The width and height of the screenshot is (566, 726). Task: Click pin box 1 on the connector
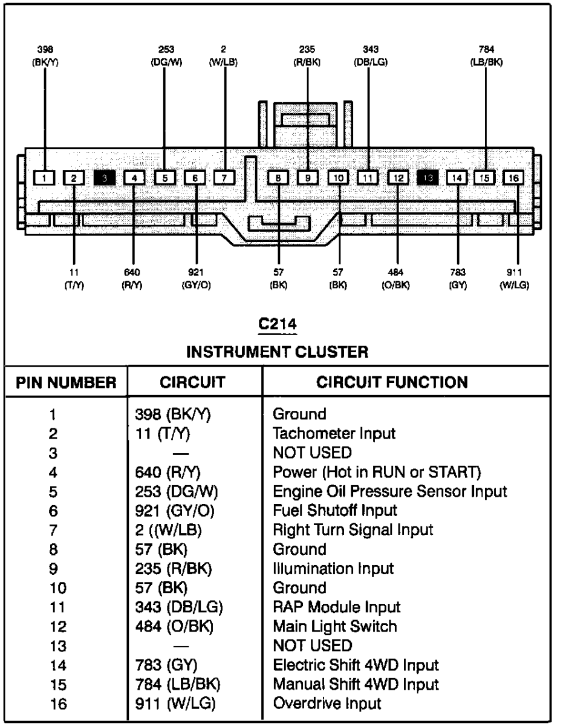click(44, 177)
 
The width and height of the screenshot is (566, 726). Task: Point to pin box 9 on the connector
click(308, 177)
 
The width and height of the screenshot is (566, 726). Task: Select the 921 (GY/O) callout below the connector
click(198, 280)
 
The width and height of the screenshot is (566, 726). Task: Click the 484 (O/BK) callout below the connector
click(397, 280)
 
